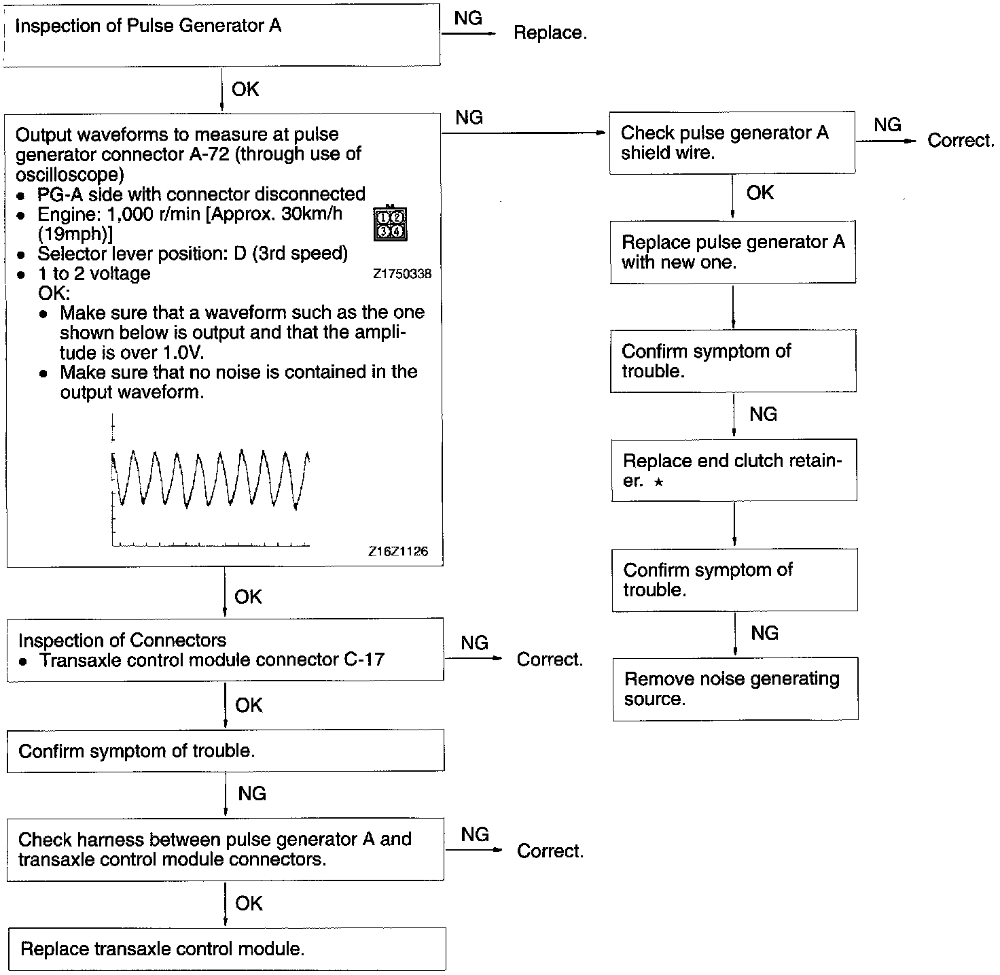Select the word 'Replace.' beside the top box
click(x=550, y=33)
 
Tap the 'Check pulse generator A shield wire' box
click(x=732, y=143)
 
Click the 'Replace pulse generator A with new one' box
click(x=732, y=252)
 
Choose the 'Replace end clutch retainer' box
click(x=734, y=471)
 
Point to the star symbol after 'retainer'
click(x=658, y=482)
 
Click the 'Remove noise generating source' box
click(x=735, y=689)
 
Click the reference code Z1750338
click(x=401, y=274)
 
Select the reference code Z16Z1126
click(x=398, y=551)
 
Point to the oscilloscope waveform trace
click(x=211, y=477)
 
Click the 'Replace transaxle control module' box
click(x=227, y=949)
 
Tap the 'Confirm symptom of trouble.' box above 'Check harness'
click(x=226, y=751)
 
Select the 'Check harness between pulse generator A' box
click(x=226, y=849)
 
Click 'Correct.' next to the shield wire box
click(x=961, y=141)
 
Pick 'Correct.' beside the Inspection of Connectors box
click(x=550, y=660)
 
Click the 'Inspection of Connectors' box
click(x=225, y=649)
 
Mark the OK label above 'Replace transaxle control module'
click(x=249, y=904)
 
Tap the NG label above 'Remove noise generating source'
click(x=764, y=633)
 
